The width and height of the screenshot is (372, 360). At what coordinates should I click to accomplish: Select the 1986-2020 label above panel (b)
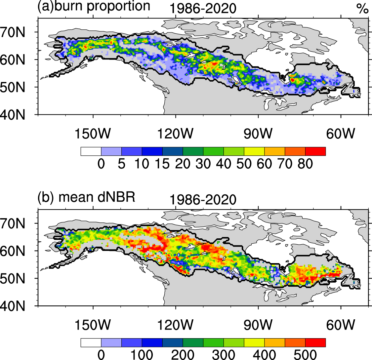pos(203,200)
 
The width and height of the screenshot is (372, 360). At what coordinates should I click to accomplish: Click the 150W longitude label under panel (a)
pos(93,134)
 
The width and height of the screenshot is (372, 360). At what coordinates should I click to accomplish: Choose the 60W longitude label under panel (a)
pos(341,134)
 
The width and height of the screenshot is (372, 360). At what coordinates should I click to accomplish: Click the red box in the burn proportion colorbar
pos(315,151)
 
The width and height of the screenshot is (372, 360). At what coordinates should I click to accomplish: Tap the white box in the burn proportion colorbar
pos(91,151)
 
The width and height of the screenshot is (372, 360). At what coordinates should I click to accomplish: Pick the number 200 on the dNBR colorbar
pos(183,355)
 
